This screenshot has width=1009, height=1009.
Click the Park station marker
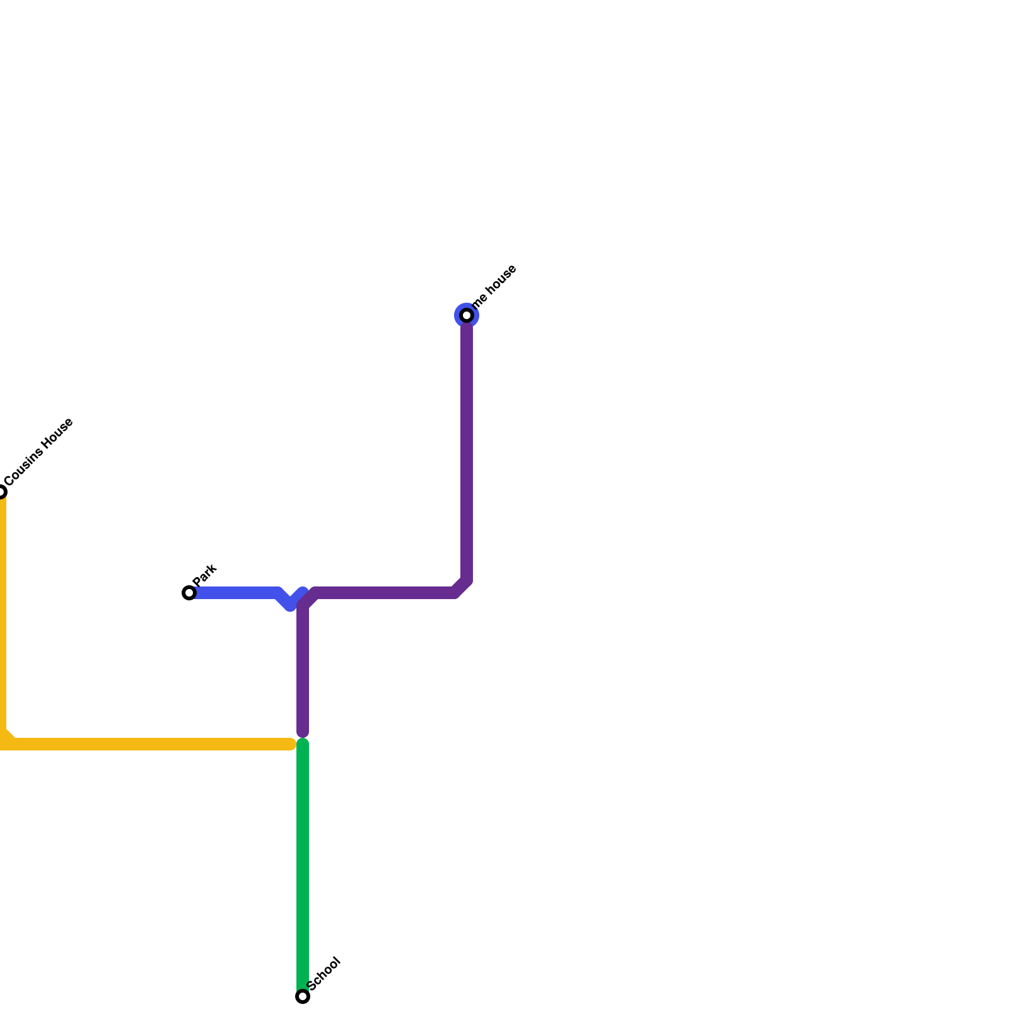pyautogui.click(x=189, y=593)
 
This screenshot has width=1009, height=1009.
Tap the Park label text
pyautogui.click(x=206, y=574)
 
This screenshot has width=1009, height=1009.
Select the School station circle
pyautogui.click(x=303, y=996)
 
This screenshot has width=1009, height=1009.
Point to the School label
pyautogui.click(x=324, y=974)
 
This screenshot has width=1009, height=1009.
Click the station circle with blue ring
pyautogui.click(x=467, y=315)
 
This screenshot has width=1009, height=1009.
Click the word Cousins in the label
pyautogui.click(x=24, y=466)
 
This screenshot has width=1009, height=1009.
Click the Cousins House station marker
pyautogui.click(x=1, y=492)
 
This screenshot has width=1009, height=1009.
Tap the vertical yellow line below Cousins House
pyautogui.click(x=2, y=612)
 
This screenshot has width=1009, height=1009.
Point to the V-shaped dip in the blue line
pyautogui.click(x=290, y=604)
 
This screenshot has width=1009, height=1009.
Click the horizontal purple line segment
pyautogui.click(x=385, y=593)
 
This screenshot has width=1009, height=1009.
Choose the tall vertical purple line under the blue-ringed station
pyautogui.click(x=467, y=448)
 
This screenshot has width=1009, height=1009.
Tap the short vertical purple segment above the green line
pyautogui.click(x=303, y=668)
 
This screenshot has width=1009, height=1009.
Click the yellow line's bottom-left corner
pyautogui.click(x=3, y=742)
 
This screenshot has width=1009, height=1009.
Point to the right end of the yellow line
pyautogui.click(x=291, y=744)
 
